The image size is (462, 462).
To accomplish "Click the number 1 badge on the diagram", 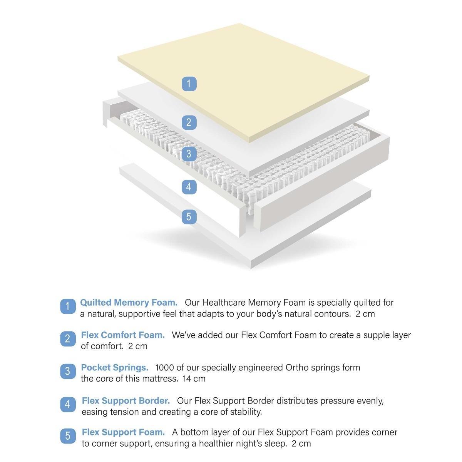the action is (x=189, y=84).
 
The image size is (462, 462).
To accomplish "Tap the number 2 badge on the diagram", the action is (x=189, y=122).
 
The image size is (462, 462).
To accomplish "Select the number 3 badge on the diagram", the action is (x=189, y=154).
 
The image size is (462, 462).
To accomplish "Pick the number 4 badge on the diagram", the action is (x=189, y=187).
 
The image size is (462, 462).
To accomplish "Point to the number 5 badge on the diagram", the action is (x=189, y=217).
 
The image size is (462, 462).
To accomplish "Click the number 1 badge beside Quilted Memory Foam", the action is (x=68, y=306).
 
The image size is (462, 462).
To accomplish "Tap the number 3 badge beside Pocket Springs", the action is (x=68, y=371).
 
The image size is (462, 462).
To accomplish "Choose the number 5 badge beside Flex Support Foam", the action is (x=68, y=435).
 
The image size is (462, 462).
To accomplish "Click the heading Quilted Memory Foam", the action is (x=129, y=303).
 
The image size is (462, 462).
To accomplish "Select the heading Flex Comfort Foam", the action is (x=123, y=335).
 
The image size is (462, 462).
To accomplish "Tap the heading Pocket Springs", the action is (x=115, y=368).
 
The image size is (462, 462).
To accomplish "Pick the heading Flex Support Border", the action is (x=126, y=401).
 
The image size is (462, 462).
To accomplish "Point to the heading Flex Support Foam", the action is (x=123, y=432).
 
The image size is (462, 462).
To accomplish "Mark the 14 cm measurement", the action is (x=194, y=379).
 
